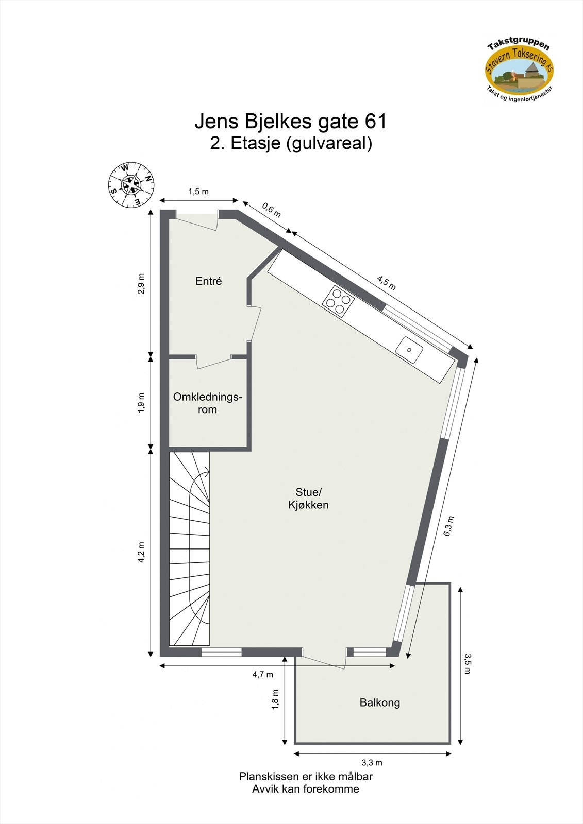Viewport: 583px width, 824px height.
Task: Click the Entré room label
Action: [x=208, y=281]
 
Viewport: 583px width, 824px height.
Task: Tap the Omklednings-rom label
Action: [x=207, y=403]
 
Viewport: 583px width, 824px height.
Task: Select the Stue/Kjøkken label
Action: [x=308, y=498]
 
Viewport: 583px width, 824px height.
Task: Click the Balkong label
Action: [x=379, y=702]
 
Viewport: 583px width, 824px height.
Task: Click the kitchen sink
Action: [x=410, y=349]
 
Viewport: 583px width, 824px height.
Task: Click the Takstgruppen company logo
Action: [x=519, y=70]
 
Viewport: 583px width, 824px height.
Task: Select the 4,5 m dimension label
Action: [x=386, y=283]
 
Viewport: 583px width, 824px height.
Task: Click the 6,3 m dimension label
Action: [x=449, y=526]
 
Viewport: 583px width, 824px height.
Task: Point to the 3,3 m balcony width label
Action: [x=372, y=763]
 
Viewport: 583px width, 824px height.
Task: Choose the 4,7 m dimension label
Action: [x=263, y=674]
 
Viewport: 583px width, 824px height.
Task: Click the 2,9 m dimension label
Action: [x=141, y=283]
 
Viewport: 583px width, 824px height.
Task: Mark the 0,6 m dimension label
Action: [x=272, y=210]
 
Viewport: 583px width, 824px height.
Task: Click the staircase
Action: [x=190, y=548]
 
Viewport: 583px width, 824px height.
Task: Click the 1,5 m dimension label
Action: [x=198, y=192]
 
